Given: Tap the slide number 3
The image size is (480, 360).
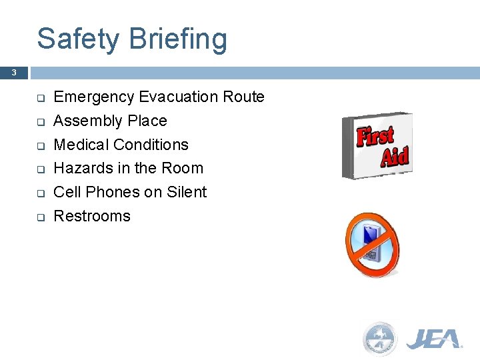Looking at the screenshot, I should pos(13,73).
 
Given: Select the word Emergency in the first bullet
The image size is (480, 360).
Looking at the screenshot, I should pos(94,97).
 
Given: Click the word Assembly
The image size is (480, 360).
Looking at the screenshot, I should pos(83,121).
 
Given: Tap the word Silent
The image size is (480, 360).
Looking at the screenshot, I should pos(187,192).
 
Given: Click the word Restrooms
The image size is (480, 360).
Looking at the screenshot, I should pos(92,216).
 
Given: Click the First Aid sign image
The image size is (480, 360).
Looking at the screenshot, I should pos(378,145).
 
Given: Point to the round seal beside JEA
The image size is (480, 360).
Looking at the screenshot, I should pos(379,339).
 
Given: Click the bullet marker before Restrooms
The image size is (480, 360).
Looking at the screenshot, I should pos(40,217).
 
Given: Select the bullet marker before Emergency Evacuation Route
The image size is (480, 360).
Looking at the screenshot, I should pos(40,98).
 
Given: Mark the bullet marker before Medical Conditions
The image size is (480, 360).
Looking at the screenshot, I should pos(40,145).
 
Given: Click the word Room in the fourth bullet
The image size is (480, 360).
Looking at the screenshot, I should pos(185,168).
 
